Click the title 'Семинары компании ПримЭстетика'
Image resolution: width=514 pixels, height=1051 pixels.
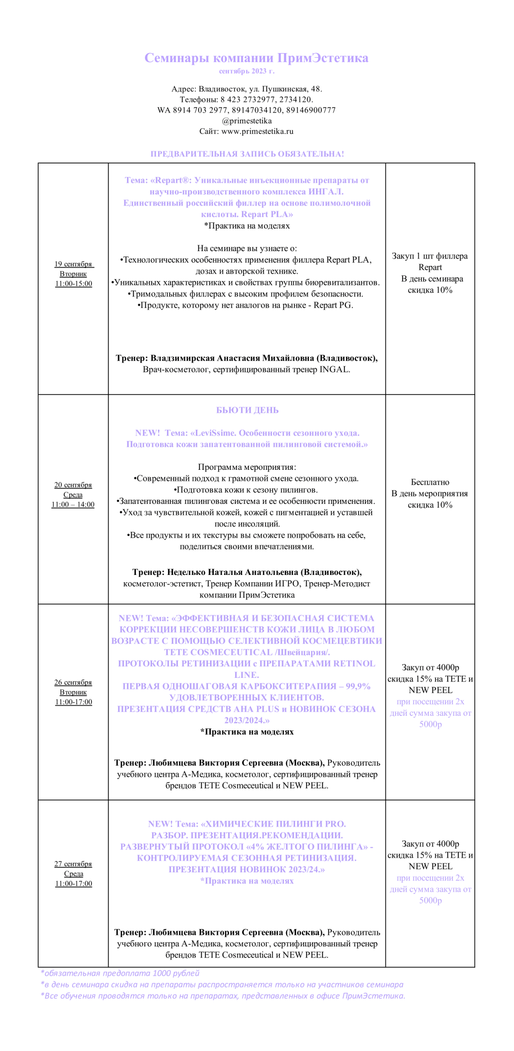point(256,58)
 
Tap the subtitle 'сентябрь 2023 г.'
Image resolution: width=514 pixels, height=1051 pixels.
point(246,71)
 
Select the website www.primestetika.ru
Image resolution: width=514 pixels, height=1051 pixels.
point(257,131)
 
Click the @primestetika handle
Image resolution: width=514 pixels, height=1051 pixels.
point(247,121)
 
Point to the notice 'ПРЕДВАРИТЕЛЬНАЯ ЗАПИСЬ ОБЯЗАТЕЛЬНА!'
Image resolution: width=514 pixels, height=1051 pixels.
point(247,154)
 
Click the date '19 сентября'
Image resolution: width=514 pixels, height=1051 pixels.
point(73,264)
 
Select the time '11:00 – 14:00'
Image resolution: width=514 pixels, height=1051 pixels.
point(73,504)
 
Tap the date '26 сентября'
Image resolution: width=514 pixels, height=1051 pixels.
point(73,682)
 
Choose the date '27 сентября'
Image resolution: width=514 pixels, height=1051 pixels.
point(73,864)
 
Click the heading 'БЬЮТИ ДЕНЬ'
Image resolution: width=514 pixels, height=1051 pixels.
point(247,410)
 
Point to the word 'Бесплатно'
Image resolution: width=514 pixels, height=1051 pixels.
point(430,482)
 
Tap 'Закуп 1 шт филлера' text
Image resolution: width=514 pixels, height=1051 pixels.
point(429,256)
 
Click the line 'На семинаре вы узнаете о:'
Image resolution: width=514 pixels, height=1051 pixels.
point(247,248)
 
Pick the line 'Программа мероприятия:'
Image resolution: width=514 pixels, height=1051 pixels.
point(247,467)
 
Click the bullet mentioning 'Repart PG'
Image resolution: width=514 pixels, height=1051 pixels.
point(245,305)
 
